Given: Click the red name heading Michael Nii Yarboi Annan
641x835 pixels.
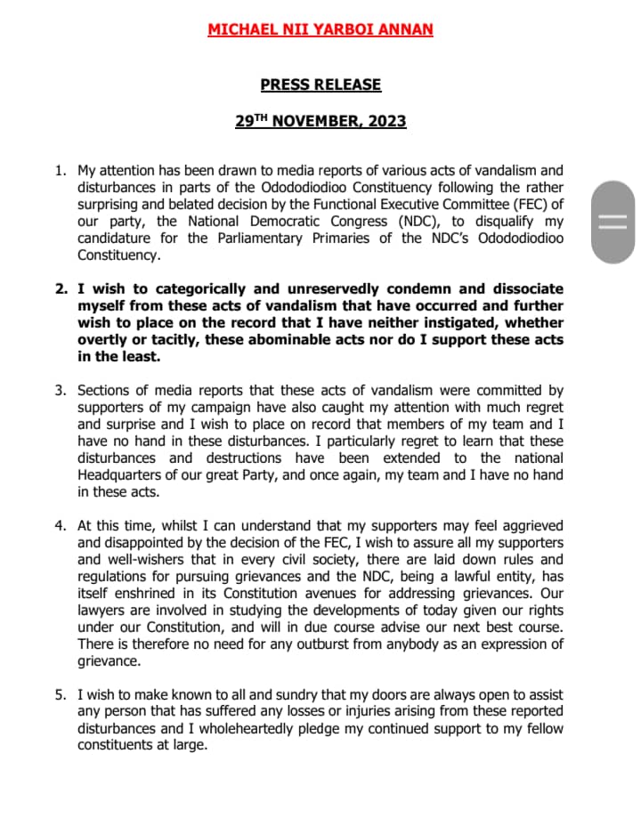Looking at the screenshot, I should (x=320, y=29).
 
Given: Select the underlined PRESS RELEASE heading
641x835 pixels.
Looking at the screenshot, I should (x=320, y=85).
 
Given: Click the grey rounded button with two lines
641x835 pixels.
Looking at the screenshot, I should (x=613, y=222).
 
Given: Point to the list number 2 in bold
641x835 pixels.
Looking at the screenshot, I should (x=61, y=289).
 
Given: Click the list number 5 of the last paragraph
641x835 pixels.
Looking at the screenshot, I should (x=61, y=694).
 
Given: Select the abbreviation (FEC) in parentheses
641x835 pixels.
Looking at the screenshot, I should (x=526, y=204).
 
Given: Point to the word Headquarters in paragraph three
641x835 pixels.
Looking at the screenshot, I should (x=119, y=474).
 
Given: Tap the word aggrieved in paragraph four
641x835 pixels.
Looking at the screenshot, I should (x=526, y=525).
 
